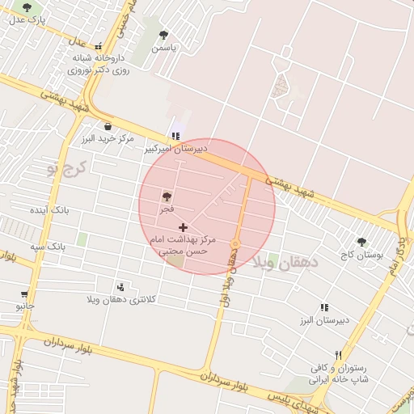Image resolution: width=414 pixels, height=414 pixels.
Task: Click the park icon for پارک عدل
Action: pyautogui.click(x=27, y=7)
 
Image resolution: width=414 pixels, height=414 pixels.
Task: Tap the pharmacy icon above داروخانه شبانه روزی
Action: pyautogui.click(x=99, y=47)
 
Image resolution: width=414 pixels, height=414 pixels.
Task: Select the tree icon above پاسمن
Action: pyautogui.click(x=164, y=36)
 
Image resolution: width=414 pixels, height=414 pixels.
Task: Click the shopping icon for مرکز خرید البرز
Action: pyautogui.click(x=108, y=126)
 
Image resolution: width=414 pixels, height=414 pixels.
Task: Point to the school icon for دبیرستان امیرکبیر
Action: pyautogui.click(x=175, y=137)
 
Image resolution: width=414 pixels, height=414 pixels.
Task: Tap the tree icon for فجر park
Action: pyautogui.click(x=167, y=196)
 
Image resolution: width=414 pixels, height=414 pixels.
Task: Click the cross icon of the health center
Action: pyautogui.click(x=184, y=228)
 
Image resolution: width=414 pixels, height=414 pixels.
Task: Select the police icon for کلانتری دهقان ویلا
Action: pyautogui.click(x=121, y=287)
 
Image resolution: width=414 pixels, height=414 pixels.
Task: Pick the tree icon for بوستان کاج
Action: pyautogui.click(x=361, y=242)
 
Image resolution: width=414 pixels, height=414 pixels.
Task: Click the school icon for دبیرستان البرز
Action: pyautogui.click(x=324, y=308)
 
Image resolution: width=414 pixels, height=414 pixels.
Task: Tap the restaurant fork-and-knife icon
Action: pyautogui.click(x=339, y=356)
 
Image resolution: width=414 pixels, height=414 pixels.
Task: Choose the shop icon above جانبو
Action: pyautogui.click(x=24, y=294)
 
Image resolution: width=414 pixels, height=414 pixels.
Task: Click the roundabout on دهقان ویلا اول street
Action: pyautogui.click(x=235, y=243)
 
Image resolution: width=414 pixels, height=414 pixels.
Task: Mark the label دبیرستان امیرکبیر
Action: pyautogui.click(x=176, y=149)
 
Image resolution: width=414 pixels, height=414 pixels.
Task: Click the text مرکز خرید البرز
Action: pyautogui.click(x=107, y=139)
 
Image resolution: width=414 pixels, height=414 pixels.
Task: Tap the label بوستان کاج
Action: pyautogui.click(x=361, y=255)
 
